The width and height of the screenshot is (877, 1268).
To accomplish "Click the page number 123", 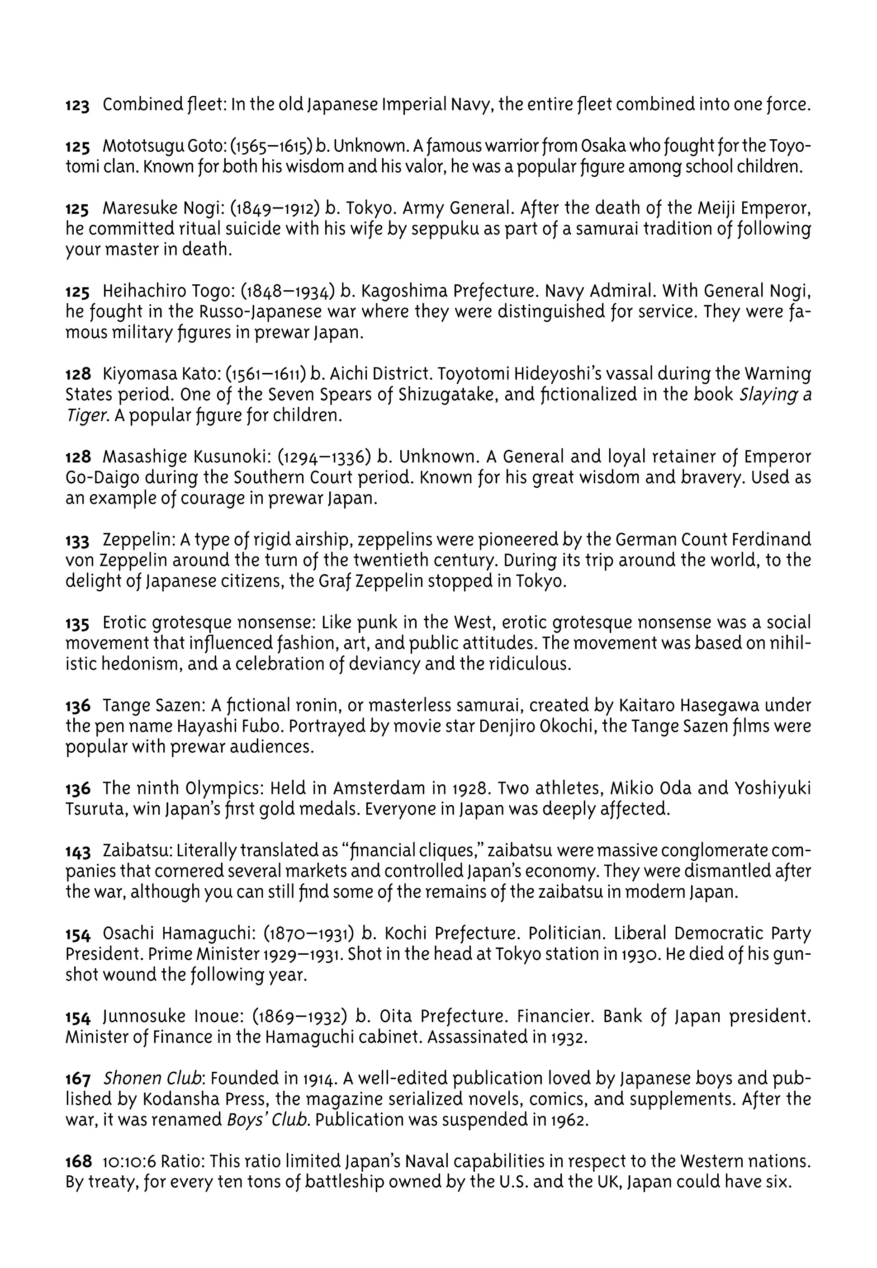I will point(77,105).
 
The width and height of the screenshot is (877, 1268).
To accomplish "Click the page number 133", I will point(77,541).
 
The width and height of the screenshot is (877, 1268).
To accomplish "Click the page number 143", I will point(77,852).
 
